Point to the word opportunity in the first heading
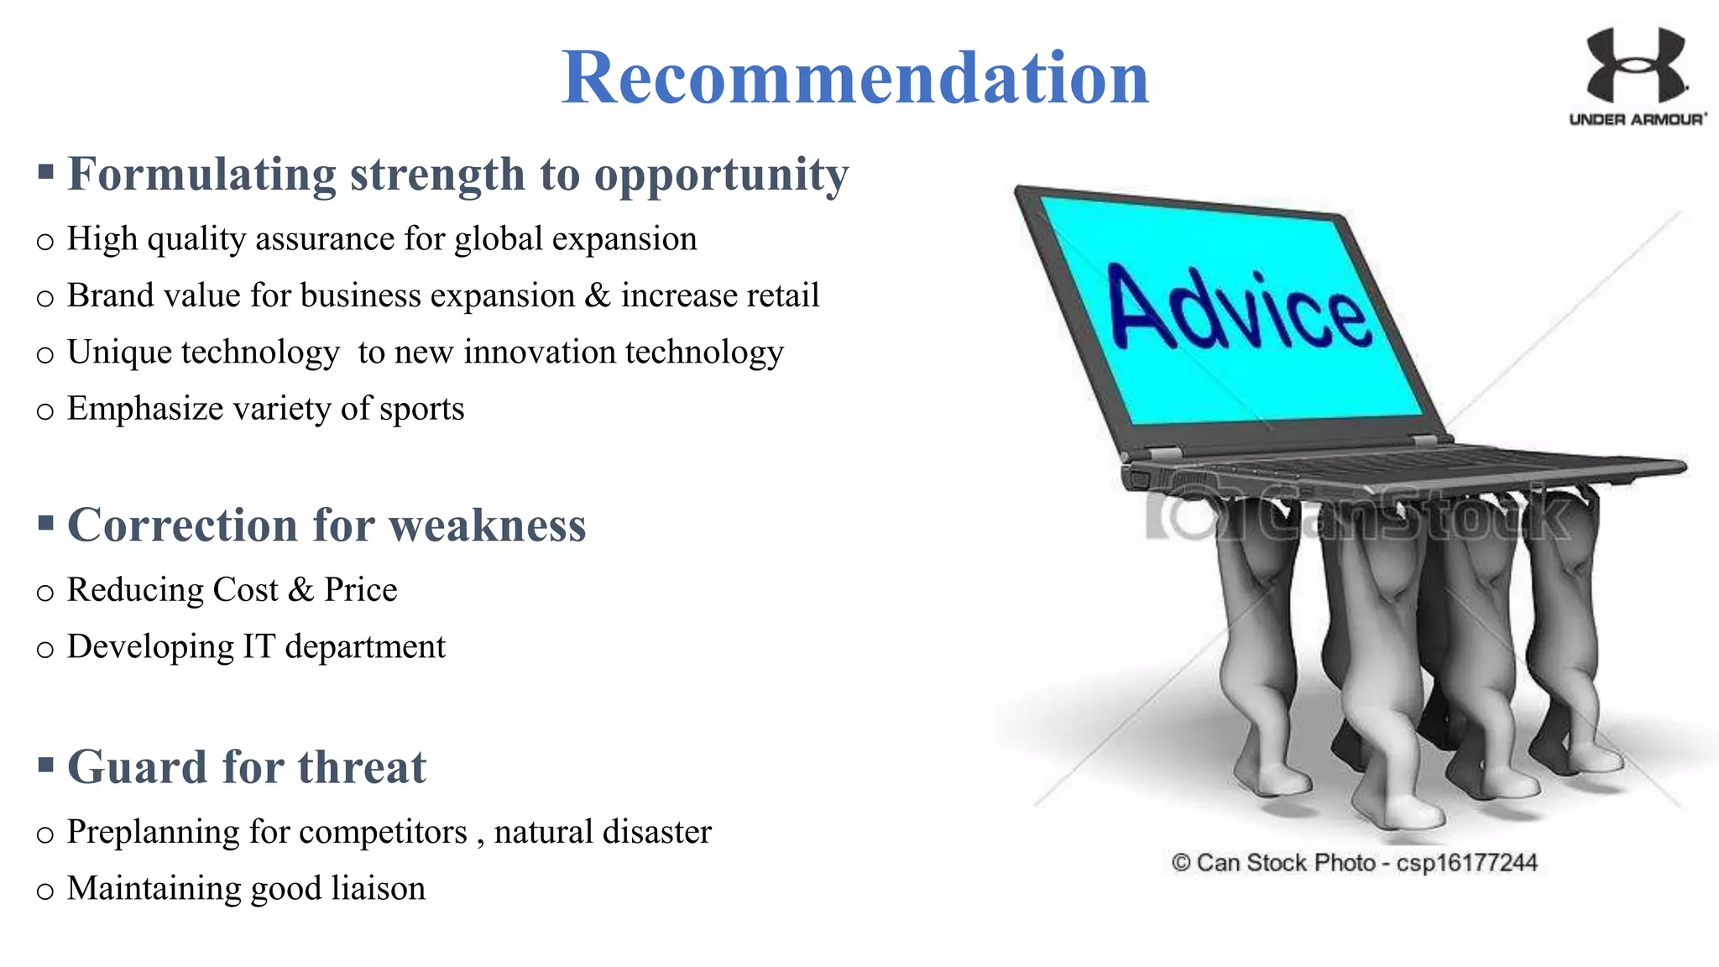[721, 176]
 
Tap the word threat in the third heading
[362, 767]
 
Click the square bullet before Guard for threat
[46, 765]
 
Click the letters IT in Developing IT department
[258, 646]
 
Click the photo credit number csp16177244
[1466, 863]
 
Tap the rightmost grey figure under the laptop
[1565, 630]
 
